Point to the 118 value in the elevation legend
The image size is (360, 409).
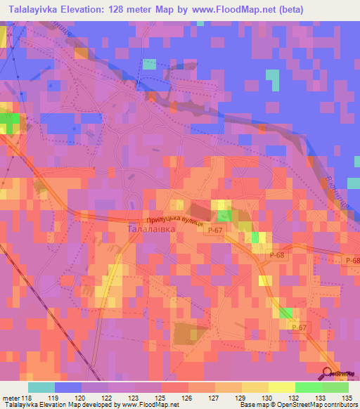(26, 397)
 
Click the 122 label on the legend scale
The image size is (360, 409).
(108, 397)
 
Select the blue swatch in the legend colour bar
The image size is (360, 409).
(67, 387)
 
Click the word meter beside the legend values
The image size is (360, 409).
(10, 397)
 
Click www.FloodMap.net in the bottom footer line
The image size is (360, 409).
(147, 405)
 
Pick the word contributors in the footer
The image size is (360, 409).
(337, 405)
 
